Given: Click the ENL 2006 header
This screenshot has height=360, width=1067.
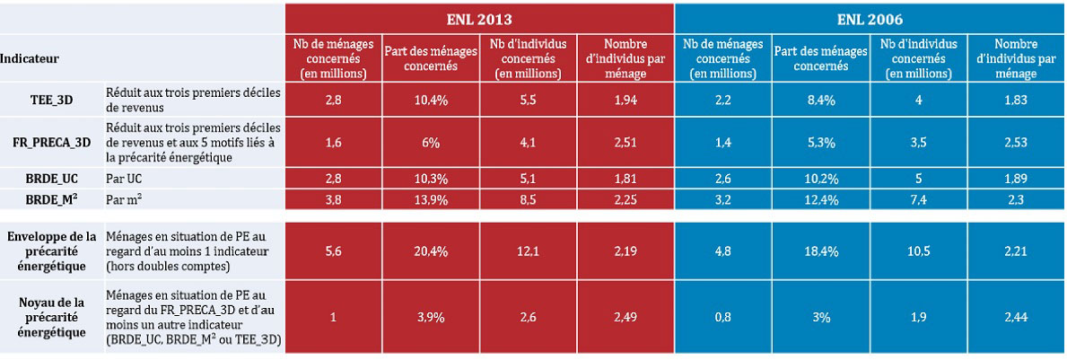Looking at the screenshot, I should pyautogui.click(x=869, y=18).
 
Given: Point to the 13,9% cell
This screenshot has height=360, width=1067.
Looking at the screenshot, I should pyautogui.click(x=429, y=198).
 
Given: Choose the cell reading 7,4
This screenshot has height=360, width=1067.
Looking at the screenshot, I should pyautogui.click(x=917, y=198).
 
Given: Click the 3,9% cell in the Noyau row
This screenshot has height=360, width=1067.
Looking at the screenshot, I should pyautogui.click(x=429, y=316).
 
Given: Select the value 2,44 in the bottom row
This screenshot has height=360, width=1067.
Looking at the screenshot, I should pyautogui.click(x=1015, y=316).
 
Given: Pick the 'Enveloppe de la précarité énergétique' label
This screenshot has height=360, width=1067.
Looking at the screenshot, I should pyautogui.click(x=50, y=251).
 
